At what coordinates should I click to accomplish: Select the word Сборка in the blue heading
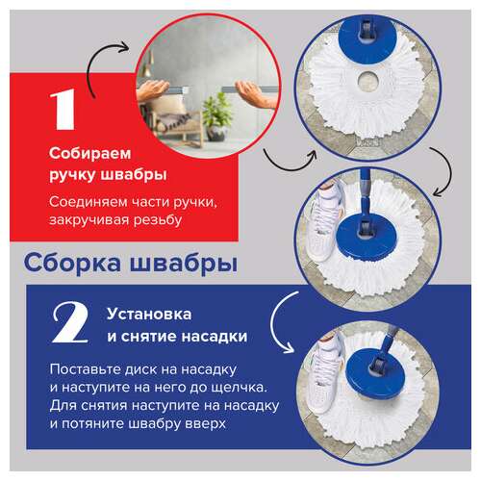(68, 262)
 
